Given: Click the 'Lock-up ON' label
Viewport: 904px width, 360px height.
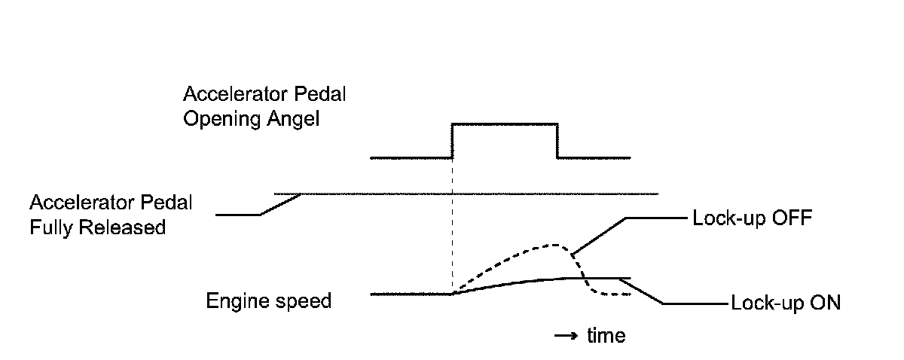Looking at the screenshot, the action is [785, 304].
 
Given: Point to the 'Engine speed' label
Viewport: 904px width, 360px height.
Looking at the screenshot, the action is [269, 301].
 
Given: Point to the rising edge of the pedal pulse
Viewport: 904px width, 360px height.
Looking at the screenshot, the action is [451, 141].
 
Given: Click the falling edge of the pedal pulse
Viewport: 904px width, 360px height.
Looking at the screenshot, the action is [557, 141].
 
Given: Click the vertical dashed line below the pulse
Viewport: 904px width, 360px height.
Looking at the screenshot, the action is [451, 226].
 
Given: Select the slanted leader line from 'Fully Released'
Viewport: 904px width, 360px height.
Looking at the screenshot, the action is [280, 204].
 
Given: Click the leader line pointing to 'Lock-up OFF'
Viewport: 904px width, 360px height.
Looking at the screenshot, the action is [599, 235].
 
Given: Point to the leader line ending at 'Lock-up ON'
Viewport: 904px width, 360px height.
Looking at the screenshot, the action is [646, 292].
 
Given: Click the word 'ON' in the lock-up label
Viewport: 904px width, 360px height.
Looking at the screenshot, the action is [824, 304].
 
